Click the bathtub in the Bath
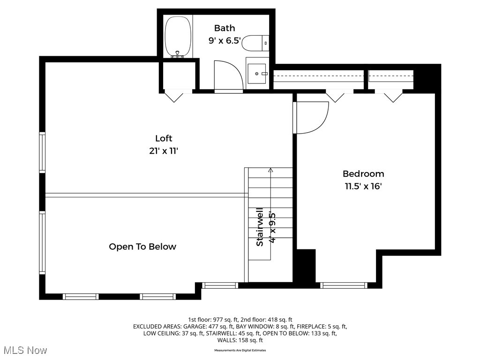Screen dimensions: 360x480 click(x=178, y=37)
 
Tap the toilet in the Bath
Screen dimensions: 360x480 click(x=257, y=43)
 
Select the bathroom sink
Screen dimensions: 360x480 click(x=257, y=74)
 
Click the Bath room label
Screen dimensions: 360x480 click(x=225, y=28)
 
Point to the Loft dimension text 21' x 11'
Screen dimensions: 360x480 click(x=164, y=151)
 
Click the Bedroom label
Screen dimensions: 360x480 click(x=363, y=174)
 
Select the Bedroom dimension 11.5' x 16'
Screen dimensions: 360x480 click(x=363, y=186)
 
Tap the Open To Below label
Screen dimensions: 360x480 click(x=142, y=247)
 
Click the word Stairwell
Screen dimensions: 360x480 click(x=259, y=227)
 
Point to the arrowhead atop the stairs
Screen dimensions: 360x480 click(x=270, y=170)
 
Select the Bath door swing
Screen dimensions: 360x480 click(x=228, y=75)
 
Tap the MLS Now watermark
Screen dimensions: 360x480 click(x=25, y=350)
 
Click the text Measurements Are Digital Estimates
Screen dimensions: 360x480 click(x=240, y=350)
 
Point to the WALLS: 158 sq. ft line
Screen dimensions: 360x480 click(x=240, y=340)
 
